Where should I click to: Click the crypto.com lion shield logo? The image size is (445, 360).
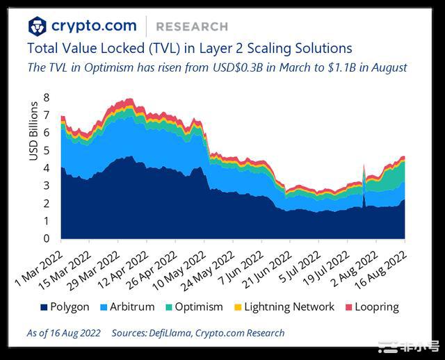pyautogui.click(x=38, y=26)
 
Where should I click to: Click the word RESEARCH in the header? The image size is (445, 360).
pyautogui.click(x=192, y=26)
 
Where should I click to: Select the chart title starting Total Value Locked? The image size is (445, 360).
pyautogui.click(x=189, y=49)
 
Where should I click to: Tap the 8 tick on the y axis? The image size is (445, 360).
pyautogui.click(x=47, y=97)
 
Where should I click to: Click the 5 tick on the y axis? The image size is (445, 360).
pyautogui.click(x=47, y=150)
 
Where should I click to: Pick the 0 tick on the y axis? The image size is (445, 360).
pyautogui.click(x=47, y=239)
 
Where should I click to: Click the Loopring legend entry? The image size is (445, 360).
pyautogui.click(x=375, y=306)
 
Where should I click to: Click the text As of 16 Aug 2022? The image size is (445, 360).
pyautogui.click(x=63, y=333)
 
